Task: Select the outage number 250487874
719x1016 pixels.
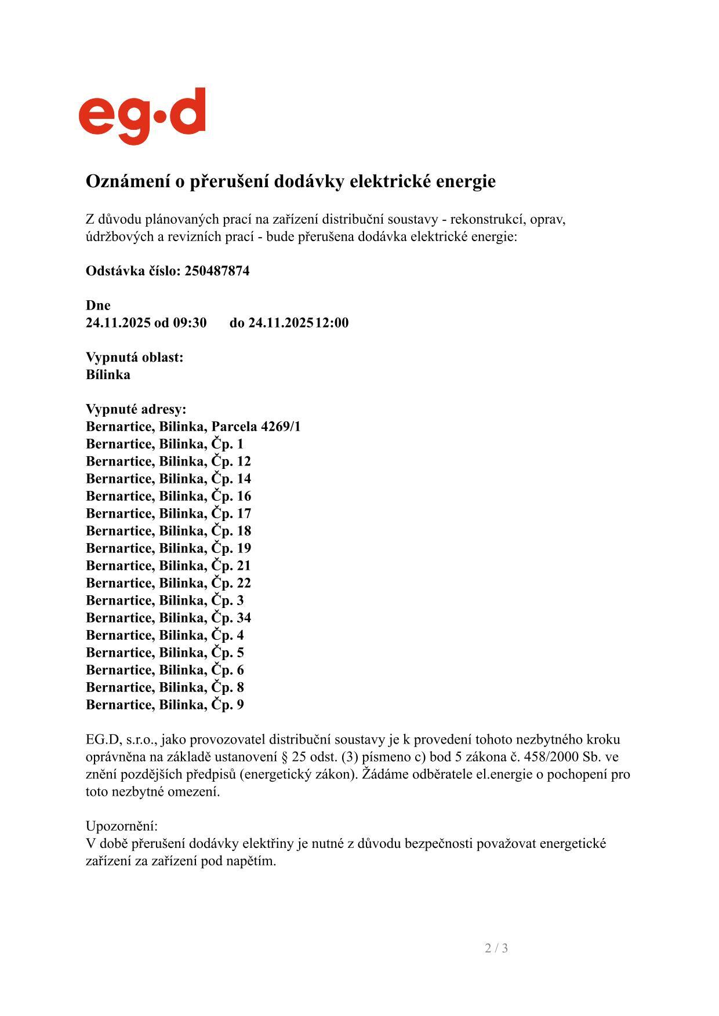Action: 217,271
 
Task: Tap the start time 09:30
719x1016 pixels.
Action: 190,323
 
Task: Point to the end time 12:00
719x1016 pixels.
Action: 332,323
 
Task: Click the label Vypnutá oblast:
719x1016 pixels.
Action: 135,357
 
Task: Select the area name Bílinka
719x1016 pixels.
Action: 108,374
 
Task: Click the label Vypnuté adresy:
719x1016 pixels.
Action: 136,409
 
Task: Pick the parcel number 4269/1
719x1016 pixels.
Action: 281,427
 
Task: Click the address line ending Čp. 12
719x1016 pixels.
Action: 168,461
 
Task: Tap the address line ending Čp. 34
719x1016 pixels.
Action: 168,618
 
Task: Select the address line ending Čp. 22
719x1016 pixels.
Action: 168,583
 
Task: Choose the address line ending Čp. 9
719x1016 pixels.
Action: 165,705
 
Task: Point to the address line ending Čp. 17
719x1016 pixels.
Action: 168,514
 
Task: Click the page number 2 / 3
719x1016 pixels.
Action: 496,948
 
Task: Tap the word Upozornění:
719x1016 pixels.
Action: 122,826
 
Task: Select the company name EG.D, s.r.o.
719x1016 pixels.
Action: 121,740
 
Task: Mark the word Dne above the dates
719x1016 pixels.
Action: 98,305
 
